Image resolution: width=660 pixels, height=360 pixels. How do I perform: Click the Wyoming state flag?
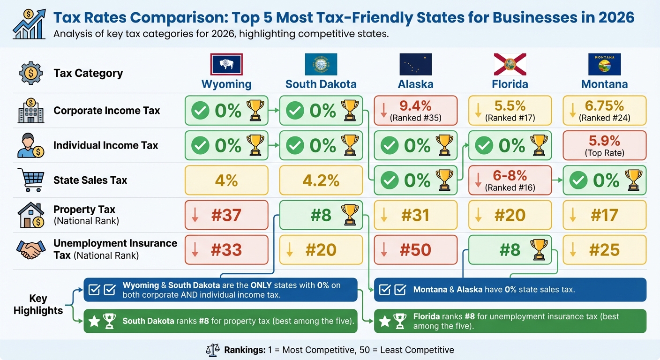point(226,65)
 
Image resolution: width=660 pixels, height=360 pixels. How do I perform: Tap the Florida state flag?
point(510,65)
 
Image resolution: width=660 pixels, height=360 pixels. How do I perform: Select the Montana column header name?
point(604,84)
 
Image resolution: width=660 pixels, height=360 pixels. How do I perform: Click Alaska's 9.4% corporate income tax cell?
point(415,111)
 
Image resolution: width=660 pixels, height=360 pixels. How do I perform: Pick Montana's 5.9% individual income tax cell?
point(604,145)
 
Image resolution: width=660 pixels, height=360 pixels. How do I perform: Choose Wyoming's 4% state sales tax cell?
point(226,180)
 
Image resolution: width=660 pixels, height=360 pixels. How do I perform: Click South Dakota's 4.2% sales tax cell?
point(321,180)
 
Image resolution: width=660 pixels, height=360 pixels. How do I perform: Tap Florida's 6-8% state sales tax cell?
point(510,180)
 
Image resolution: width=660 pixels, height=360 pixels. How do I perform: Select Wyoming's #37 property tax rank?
point(226,215)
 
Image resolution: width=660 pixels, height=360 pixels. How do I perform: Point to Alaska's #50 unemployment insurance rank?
point(415,250)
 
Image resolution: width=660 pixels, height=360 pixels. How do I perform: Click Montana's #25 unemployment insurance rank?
point(604,250)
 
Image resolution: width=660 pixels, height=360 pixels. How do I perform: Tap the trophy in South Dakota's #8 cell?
point(349,215)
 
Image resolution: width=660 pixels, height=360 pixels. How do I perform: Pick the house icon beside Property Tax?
point(31,215)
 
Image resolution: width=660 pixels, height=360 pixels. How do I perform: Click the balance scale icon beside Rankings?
point(213,350)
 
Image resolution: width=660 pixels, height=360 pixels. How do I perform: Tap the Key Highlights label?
point(38,305)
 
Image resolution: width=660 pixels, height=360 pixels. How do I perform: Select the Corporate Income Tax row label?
point(106,111)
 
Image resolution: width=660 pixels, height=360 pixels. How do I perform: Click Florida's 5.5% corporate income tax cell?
point(510,111)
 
